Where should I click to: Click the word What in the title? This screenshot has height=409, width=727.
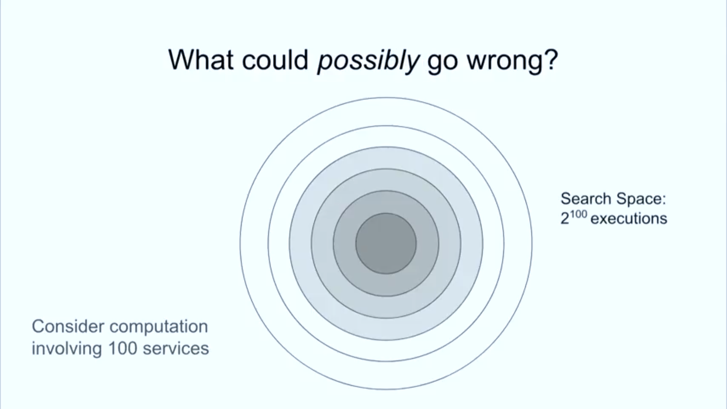(x=201, y=60)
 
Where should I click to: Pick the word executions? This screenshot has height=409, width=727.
(x=629, y=219)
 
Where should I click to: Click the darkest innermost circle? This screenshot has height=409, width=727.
(x=386, y=243)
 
